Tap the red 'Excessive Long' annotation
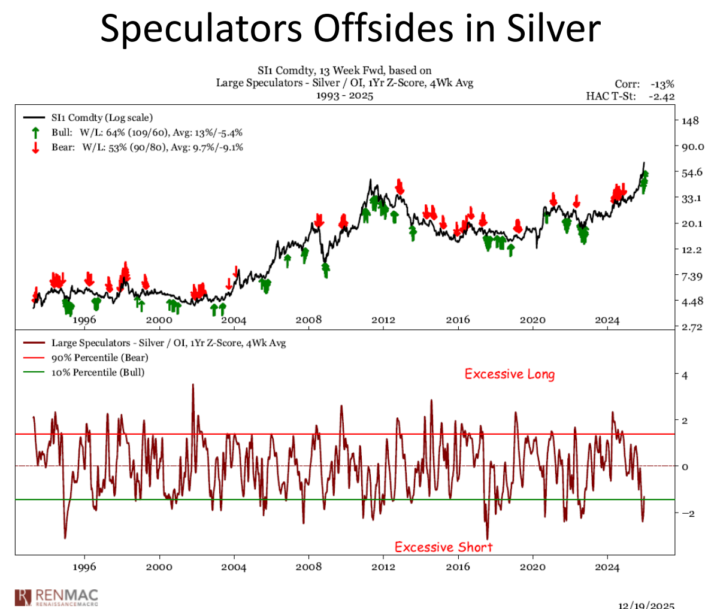510,374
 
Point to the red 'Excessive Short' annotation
443,547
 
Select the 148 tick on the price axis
690,120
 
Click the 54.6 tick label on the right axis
692,172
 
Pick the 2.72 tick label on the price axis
692,327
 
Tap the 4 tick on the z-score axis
685,375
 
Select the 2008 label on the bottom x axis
308,567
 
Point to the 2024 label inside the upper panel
607,320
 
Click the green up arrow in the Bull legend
36,132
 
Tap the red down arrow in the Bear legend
36,147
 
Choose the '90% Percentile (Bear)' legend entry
99,357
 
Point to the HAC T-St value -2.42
661,96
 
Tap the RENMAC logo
56,596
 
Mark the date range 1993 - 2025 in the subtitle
344,96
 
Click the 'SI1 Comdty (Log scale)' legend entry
102,118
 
